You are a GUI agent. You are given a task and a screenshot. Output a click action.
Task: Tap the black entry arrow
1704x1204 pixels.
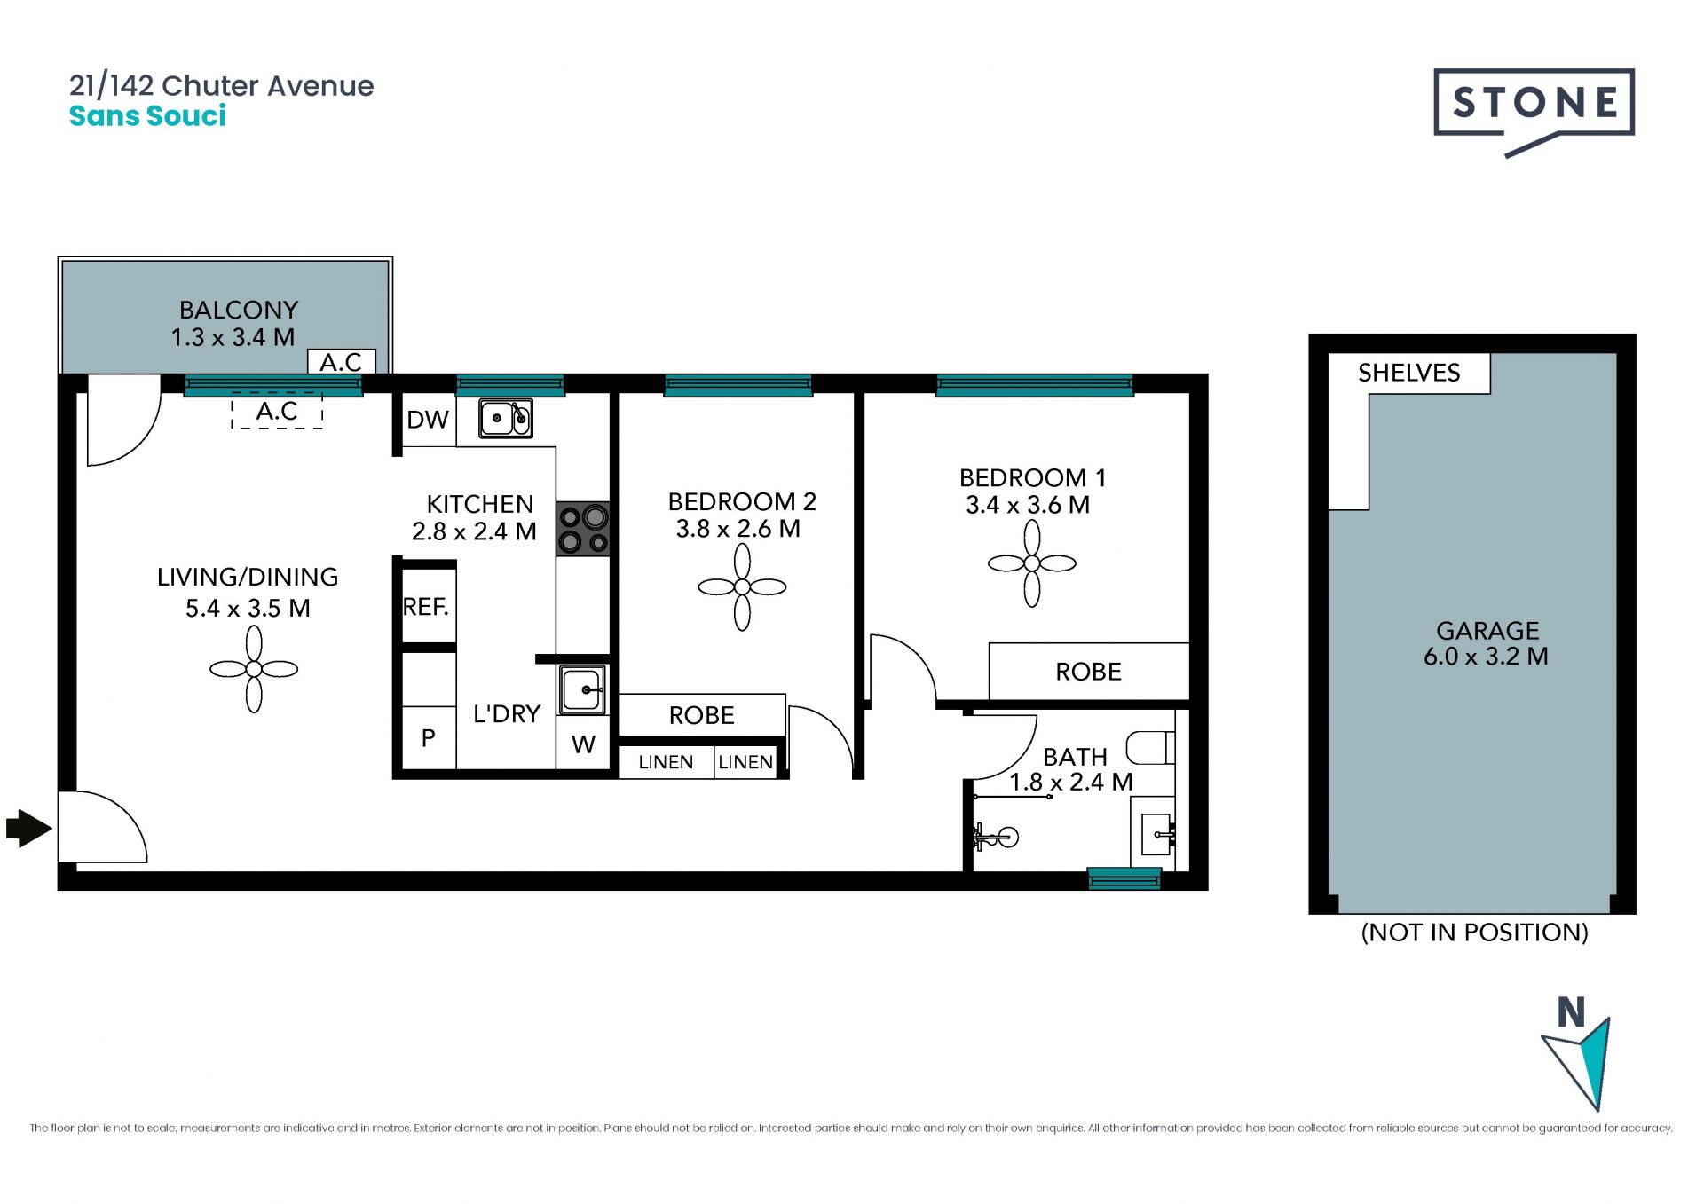coord(29,829)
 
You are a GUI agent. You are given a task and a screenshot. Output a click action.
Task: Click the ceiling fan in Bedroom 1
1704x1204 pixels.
coord(1032,563)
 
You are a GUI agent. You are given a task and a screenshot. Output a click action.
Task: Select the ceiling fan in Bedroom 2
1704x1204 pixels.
coord(742,586)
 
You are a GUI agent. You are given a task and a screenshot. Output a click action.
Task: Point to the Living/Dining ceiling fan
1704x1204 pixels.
coord(254,669)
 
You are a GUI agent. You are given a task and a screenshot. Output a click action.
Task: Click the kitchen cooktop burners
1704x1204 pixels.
coord(583,529)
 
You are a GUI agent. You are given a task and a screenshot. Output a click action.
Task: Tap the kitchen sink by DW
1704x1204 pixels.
coord(506,418)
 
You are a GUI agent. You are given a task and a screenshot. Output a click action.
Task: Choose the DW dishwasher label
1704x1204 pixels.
coord(427,420)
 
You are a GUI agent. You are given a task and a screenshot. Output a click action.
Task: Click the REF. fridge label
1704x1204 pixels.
coord(426,607)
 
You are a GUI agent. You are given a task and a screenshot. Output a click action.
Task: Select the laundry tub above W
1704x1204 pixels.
coord(582,689)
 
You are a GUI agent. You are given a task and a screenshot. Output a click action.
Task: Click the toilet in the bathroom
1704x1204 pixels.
coord(1150,748)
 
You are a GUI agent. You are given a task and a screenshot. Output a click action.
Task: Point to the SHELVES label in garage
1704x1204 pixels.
coord(1408,373)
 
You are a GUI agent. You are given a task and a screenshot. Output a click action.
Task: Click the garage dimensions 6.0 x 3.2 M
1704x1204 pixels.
coord(1486,657)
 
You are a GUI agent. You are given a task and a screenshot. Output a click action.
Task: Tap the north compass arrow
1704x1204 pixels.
coord(1582,1060)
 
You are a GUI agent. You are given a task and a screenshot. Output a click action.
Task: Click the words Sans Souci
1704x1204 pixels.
coord(147,116)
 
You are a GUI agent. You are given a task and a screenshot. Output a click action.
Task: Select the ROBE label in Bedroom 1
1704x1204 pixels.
coord(1088,672)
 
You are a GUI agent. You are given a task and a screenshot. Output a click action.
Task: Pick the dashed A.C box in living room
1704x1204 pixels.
coord(277,411)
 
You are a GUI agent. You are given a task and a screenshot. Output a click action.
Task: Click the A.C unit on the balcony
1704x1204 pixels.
coord(342,361)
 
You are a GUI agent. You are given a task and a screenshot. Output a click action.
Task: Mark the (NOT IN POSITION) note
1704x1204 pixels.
coord(1474,933)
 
